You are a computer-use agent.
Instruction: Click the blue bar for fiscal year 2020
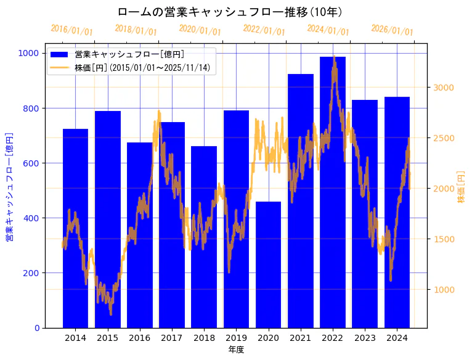pyautogui.click(x=268, y=265)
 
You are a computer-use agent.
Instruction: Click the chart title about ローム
pyautogui.click(x=230, y=12)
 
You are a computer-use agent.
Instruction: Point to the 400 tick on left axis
pyautogui.click(x=31, y=218)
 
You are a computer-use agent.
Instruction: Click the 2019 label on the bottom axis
pyautogui.click(x=236, y=338)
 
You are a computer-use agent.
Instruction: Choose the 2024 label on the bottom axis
pyautogui.click(x=397, y=338)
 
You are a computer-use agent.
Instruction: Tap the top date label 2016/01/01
pyautogui.click(x=71, y=30)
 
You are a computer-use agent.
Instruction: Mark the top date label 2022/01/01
pyautogui.click(x=264, y=30)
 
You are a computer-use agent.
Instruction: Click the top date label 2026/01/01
pyautogui.click(x=392, y=30)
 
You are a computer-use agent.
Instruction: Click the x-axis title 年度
pyautogui.click(x=236, y=350)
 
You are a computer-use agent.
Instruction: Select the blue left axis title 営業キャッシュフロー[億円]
pyautogui.click(x=9, y=187)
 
